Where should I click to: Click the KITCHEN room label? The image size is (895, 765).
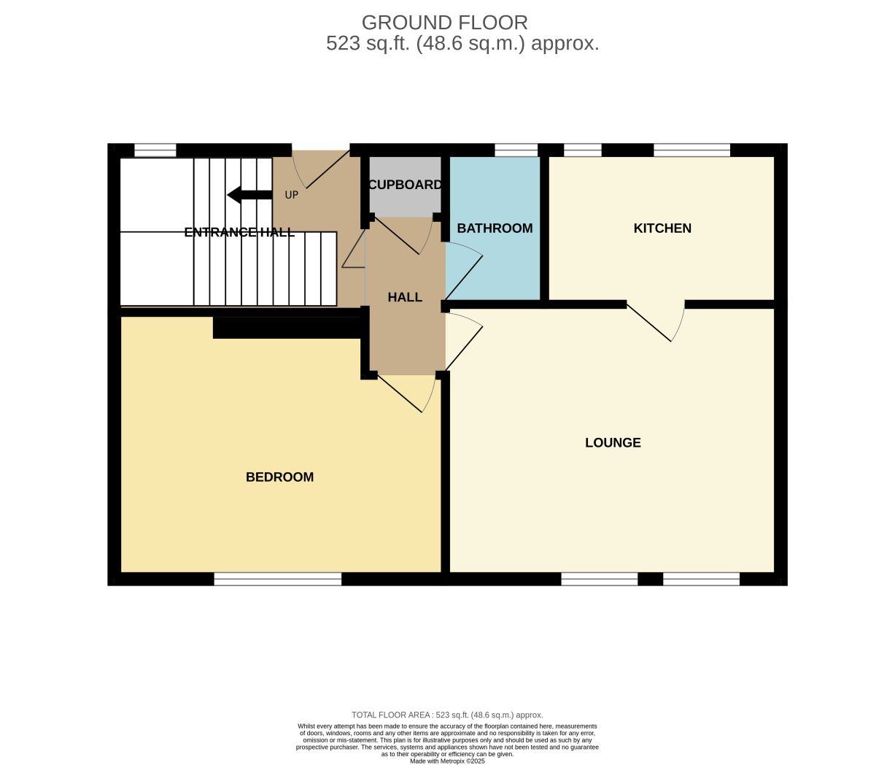662,228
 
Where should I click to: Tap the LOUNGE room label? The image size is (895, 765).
613,442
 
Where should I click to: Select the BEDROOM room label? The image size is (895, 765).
279,477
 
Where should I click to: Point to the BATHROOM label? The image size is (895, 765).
495,228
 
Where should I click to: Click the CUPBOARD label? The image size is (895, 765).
406,185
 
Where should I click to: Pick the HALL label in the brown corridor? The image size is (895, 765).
405,297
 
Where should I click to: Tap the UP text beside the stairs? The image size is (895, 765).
292,195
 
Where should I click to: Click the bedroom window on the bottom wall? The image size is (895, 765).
278,579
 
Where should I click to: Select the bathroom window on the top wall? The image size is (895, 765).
516,150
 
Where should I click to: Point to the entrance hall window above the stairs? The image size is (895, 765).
155,150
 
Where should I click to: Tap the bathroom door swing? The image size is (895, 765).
464,271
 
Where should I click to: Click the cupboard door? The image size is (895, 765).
403,236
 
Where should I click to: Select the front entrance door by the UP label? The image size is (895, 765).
321,169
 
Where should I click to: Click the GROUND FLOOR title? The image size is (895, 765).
445,23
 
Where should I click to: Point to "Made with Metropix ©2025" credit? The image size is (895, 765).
447,761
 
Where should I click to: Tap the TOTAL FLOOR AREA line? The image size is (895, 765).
447,715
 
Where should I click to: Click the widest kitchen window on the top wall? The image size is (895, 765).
692,150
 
